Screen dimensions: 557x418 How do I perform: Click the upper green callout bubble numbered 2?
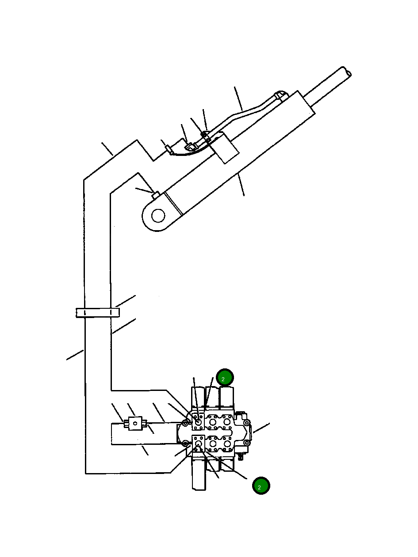(x=224, y=378)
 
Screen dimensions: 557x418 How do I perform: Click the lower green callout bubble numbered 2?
(x=261, y=486)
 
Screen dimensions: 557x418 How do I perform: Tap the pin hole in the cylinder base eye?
(x=158, y=216)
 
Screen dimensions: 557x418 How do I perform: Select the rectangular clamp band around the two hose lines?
(x=98, y=313)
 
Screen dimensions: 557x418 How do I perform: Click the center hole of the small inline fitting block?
(x=135, y=423)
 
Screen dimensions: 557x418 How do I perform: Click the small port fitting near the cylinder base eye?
(x=156, y=194)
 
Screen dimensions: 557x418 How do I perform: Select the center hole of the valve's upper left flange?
(x=198, y=423)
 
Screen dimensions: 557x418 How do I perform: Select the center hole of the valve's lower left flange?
(x=198, y=443)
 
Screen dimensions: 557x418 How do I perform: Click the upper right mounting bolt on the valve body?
(x=247, y=423)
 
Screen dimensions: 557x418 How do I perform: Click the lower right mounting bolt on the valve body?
(x=247, y=443)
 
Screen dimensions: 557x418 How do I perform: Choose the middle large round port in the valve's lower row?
(x=213, y=443)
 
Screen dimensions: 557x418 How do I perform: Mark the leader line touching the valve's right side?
(x=261, y=428)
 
